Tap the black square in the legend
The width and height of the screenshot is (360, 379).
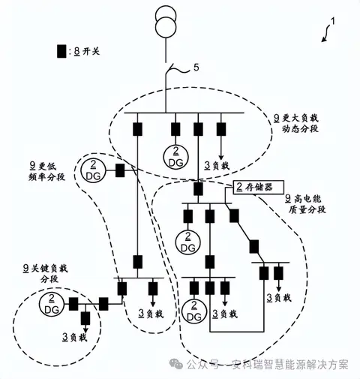[61, 51]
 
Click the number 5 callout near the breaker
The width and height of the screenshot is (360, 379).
[196, 68]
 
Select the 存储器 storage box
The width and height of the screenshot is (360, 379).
[259, 187]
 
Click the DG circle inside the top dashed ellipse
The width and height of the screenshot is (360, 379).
[175, 157]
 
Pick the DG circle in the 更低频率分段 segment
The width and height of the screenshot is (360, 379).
[93, 170]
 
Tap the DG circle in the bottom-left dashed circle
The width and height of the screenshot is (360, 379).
[52, 304]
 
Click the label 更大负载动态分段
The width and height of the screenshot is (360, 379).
[296, 123]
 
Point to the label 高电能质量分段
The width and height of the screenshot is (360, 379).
[305, 204]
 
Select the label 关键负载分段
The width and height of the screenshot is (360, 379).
[46, 274]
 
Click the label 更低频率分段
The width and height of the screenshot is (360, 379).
[47, 171]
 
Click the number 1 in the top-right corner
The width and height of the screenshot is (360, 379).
[333, 22]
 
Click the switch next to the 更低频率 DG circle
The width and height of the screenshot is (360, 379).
[120, 170]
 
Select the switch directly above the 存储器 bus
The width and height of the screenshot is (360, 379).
[198, 189]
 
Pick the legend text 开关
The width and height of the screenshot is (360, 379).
[91, 52]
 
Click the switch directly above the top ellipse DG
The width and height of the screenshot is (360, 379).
[175, 129]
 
